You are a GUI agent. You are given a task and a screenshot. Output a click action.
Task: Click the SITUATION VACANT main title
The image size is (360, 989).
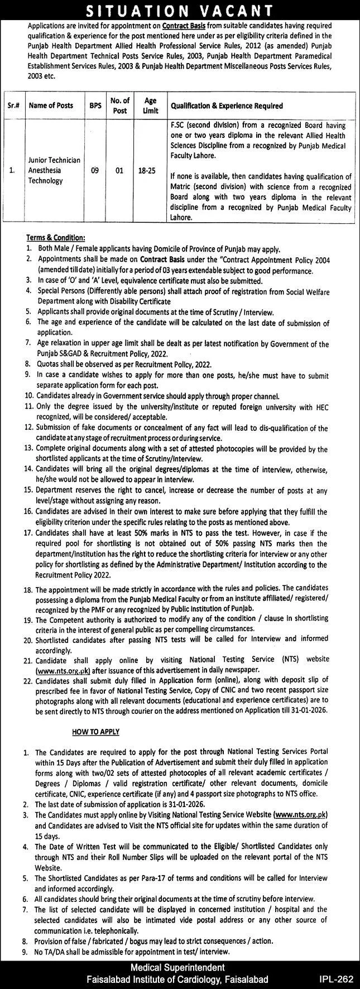(180, 10)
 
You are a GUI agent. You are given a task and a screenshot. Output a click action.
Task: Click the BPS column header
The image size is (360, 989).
(94, 105)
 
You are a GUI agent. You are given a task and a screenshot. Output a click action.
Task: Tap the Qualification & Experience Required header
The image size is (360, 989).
(227, 105)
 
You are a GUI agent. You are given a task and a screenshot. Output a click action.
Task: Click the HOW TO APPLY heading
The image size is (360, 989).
(95, 731)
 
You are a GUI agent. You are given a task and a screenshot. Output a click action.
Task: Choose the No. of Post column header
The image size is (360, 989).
(119, 105)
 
